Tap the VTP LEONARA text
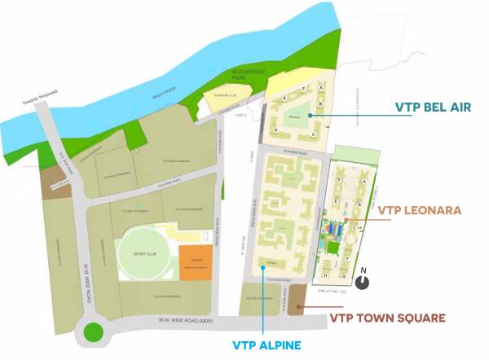point(421,210)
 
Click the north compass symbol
point(363,281)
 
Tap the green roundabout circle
point(92,332)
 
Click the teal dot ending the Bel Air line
point(311,116)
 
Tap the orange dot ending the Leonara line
point(346,220)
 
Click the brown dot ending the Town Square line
point(300,306)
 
